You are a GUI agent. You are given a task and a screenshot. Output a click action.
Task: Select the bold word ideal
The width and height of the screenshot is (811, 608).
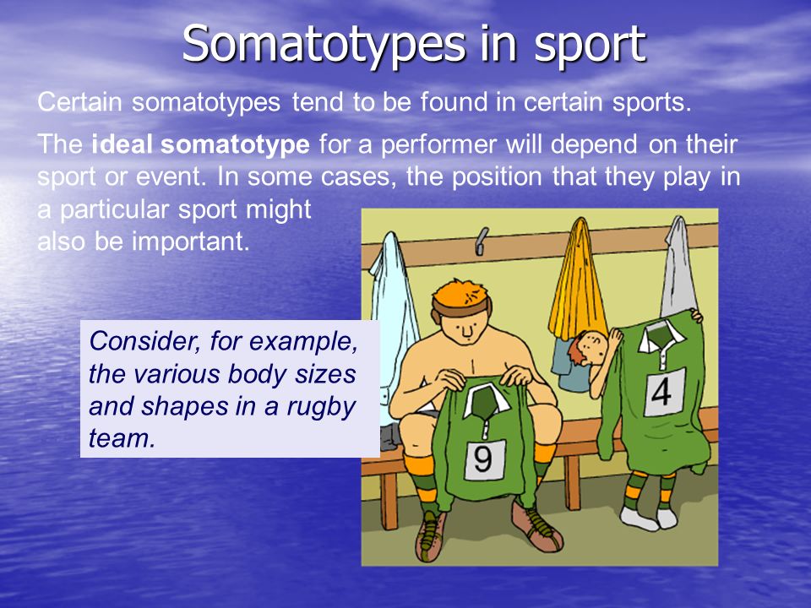point(122,144)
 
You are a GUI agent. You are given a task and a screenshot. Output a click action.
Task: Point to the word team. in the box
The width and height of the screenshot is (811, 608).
point(122,438)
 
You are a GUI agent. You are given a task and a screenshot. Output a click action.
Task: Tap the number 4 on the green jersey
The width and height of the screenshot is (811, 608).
point(661,393)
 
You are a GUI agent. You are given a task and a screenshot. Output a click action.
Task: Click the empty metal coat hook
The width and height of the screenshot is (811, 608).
point(482,241)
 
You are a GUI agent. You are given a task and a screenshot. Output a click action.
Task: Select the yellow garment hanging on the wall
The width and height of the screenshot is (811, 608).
point(578,280)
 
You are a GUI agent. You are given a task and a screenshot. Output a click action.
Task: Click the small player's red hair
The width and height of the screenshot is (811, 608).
point(578,347)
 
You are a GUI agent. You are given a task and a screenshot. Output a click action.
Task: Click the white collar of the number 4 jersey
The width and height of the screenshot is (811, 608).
point(661,336)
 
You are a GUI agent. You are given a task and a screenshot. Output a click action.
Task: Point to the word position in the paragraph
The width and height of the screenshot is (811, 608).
point(498,177)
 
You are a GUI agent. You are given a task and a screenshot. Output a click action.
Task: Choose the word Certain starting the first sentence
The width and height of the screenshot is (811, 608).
point(79,102)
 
